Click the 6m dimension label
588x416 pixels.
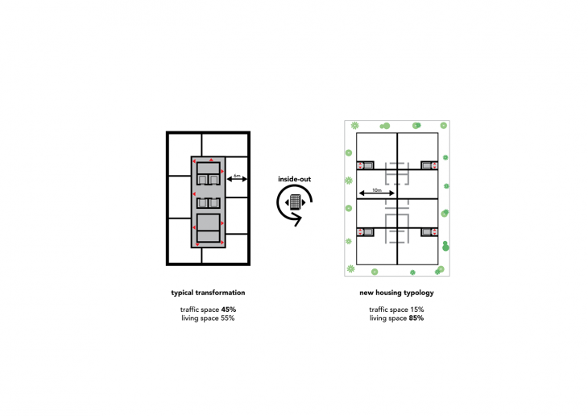237,175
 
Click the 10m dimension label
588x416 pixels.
377,190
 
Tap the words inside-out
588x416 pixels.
294,179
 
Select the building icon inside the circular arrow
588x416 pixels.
295,202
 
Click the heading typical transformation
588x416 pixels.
208,293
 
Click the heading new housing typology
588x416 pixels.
396,293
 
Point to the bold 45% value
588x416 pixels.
229,310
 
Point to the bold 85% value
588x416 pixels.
416,318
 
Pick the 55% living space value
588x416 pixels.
227,318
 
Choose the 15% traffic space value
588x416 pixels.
417,310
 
